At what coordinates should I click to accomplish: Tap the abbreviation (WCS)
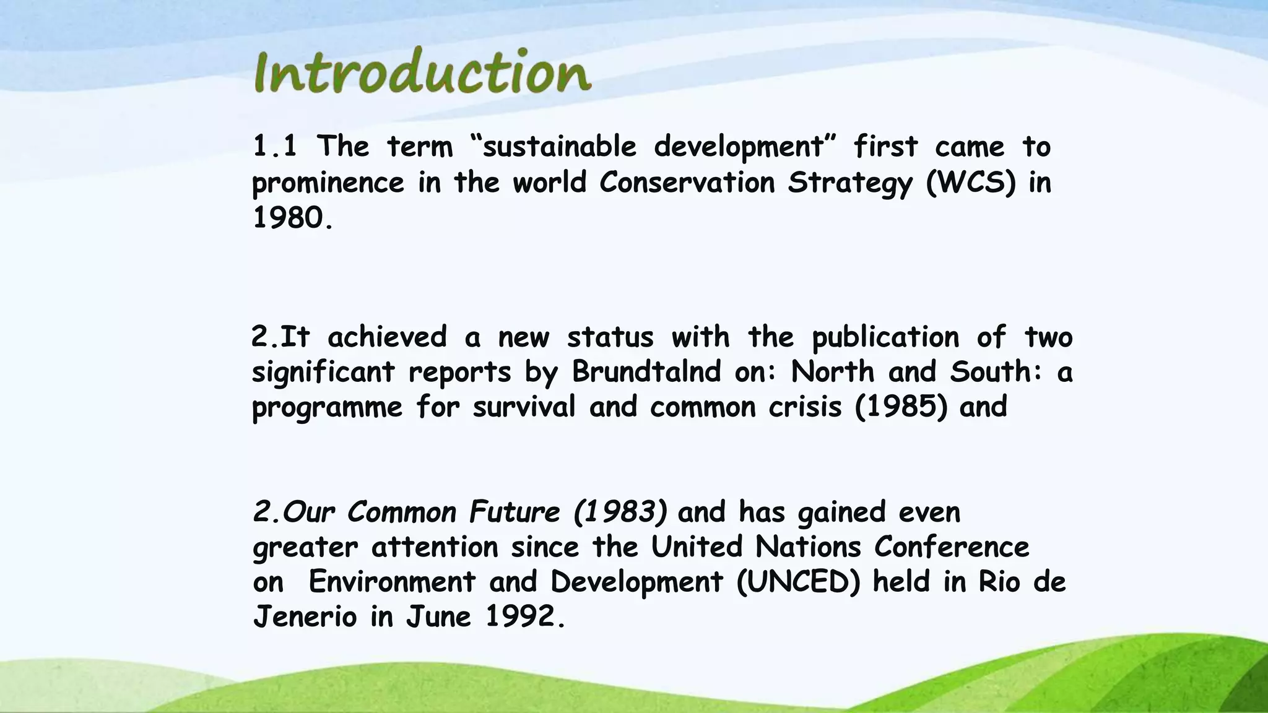tap(971, 183)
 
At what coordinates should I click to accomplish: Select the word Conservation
tap(687, 183)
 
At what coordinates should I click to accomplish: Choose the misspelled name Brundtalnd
tap(646, 372)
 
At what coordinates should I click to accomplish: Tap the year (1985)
tap(900, 407)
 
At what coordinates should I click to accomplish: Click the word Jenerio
tap(305, 616)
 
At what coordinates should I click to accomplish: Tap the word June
tap(438, 616)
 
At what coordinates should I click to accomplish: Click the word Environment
tap(392, 582)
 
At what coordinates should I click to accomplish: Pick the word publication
tap(885, 338)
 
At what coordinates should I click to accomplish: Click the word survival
tap(524, 407)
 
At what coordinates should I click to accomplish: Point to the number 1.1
tap(274, 147)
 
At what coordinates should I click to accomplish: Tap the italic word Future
tap(514, 512)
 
